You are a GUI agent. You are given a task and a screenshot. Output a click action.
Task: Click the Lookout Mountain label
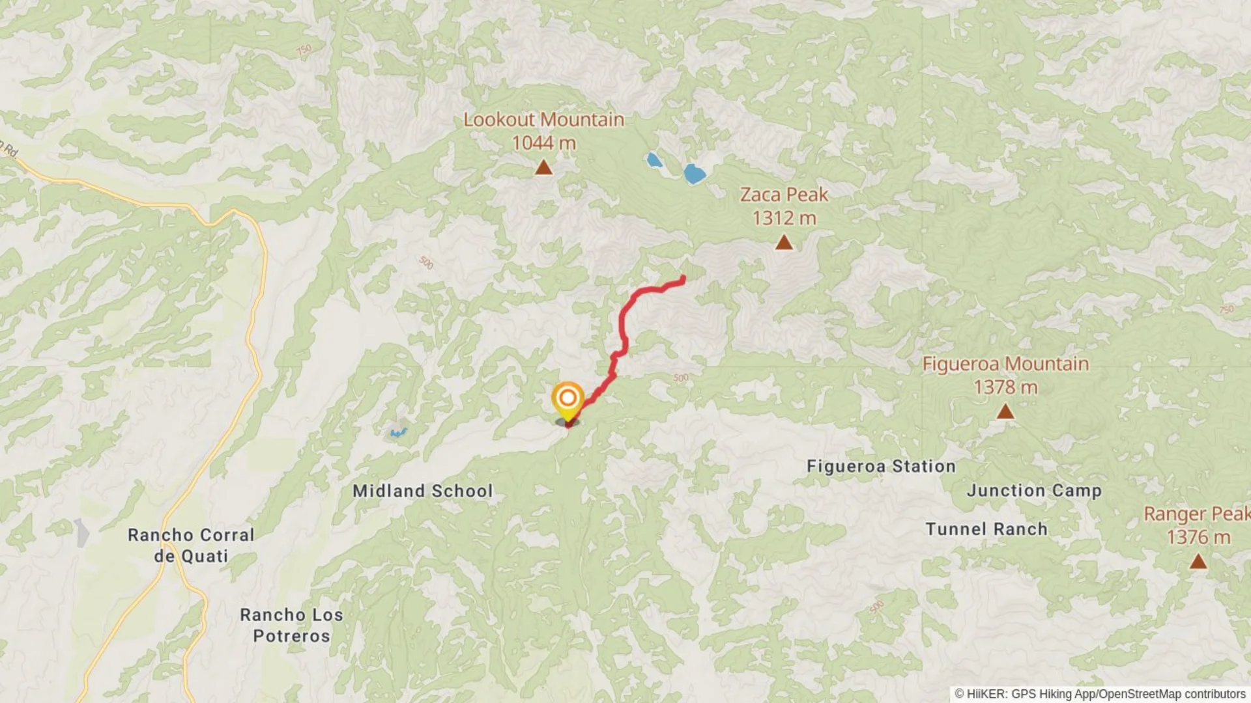pos(543,120)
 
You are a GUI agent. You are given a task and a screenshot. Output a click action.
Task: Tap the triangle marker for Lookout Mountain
pos(543,168)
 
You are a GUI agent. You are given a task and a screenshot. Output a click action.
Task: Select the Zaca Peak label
pos(784,195)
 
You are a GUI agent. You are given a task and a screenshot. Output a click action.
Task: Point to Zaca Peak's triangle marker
pos(784,243)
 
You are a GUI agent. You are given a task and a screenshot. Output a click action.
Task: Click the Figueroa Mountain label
pos(1005,364)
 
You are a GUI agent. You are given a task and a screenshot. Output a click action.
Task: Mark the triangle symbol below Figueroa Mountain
pos(1005,411)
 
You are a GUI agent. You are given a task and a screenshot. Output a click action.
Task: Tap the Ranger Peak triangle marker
pos(1198,561)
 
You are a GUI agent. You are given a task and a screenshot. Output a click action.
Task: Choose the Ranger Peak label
pos(1197,514)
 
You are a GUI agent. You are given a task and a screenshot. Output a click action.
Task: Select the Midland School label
pos(423,491)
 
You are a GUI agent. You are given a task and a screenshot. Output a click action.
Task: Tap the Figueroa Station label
pos(881,466)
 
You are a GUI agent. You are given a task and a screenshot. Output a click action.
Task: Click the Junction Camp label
pos(1034,490)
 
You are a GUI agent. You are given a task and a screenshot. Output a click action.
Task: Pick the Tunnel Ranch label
pos(986,529)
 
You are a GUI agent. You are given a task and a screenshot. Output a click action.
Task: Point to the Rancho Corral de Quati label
pos(191,545)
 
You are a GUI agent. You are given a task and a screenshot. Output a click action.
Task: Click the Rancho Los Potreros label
pos(291,625)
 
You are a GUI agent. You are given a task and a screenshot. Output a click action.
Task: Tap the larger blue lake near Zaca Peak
pos(694,173)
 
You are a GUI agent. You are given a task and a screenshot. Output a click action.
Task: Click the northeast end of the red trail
pos(682,279)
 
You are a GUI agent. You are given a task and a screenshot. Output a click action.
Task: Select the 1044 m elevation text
pos(543,143)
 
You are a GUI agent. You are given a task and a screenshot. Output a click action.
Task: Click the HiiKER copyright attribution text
pos(1100,694)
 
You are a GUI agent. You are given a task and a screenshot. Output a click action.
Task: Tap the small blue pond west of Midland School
pos(397,433)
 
